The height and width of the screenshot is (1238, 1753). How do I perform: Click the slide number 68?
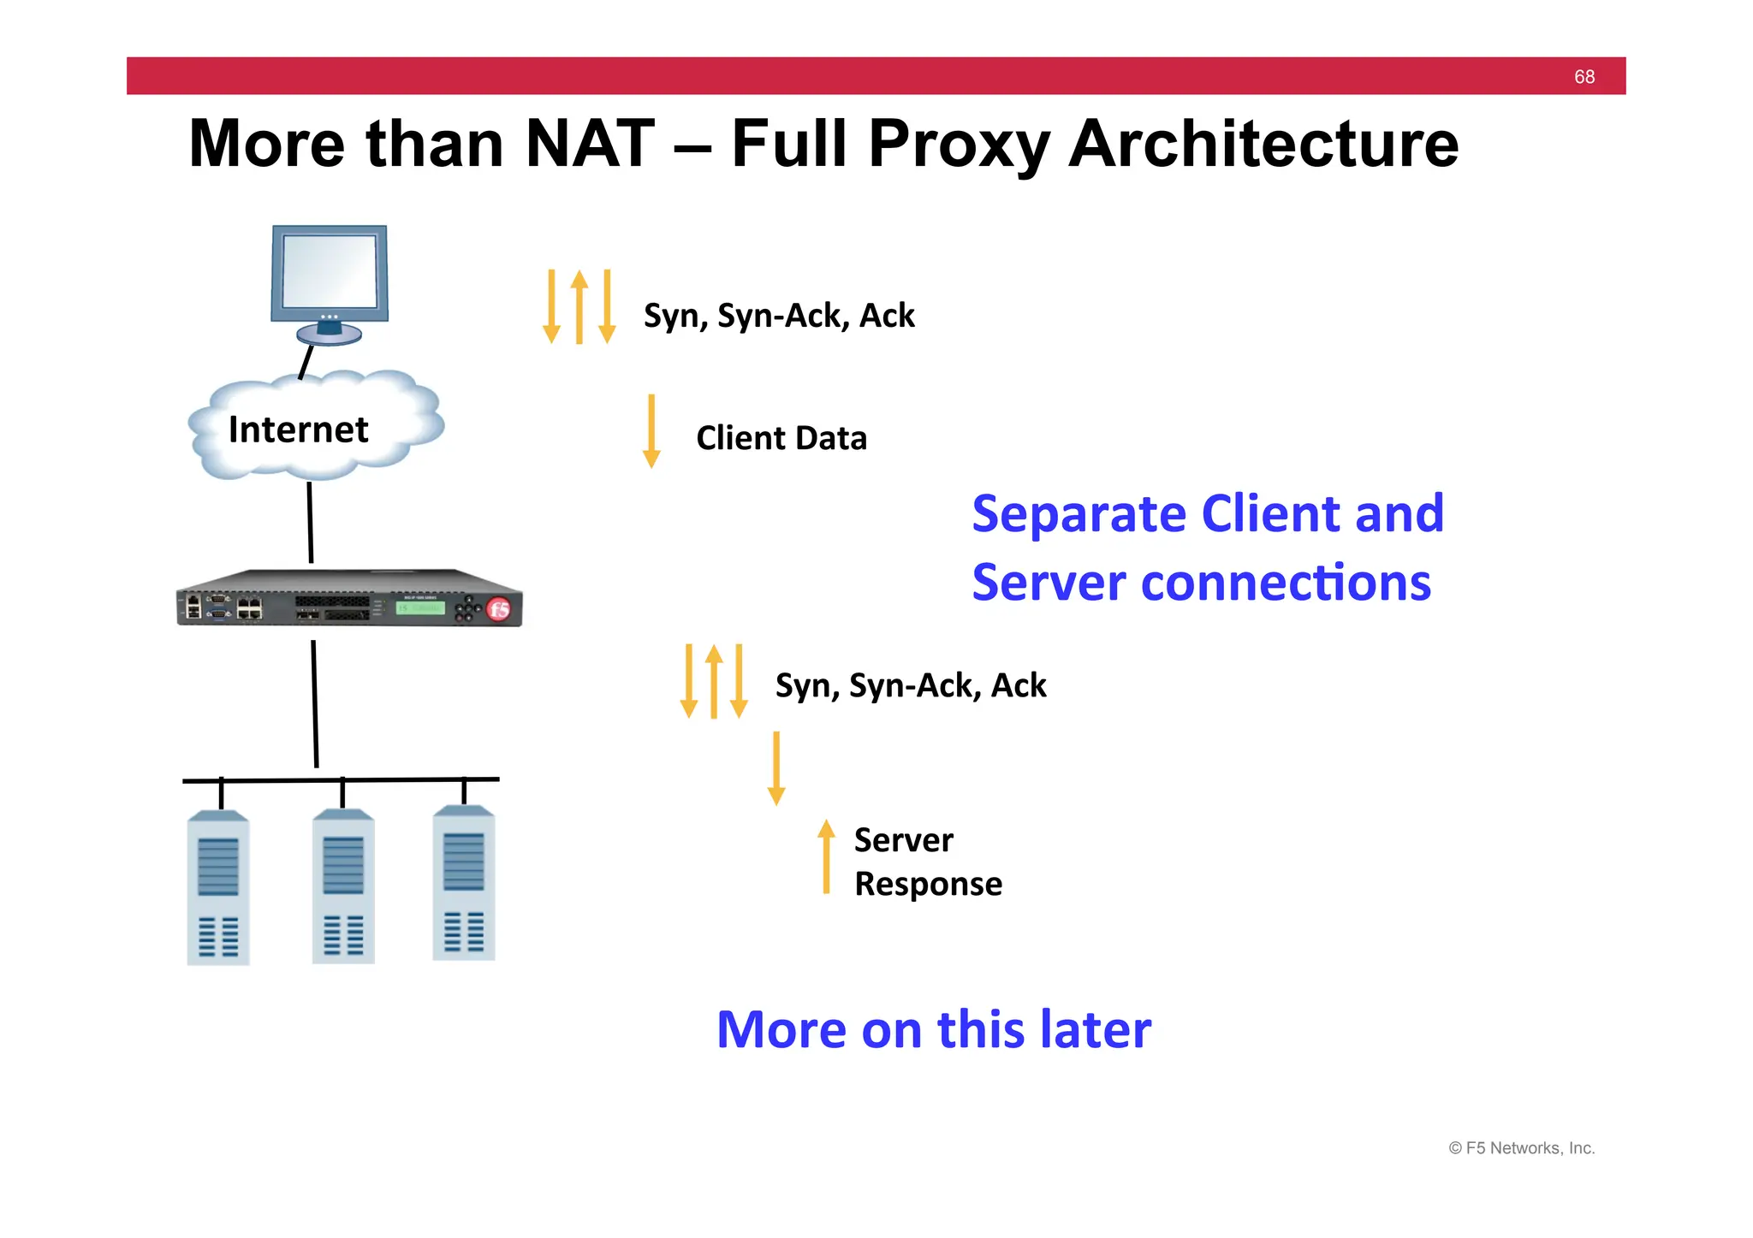1584,77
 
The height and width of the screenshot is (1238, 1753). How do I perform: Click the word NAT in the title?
590,144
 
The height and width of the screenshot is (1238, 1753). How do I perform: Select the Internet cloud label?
298,429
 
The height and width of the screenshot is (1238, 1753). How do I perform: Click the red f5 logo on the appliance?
498,609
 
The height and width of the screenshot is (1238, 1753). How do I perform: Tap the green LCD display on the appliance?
419,608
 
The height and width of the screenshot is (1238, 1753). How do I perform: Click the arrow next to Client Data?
651,430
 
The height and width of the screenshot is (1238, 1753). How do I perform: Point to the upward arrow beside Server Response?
826,856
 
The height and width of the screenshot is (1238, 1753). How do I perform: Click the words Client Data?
781,438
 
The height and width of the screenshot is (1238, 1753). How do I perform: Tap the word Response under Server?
928,884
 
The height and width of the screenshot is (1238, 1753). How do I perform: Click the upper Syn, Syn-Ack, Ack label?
779,316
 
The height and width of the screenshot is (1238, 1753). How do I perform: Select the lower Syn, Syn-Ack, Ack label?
911,685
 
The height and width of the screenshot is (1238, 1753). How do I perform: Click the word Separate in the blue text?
1079,514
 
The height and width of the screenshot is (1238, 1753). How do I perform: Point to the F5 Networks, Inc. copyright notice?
1521,1148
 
